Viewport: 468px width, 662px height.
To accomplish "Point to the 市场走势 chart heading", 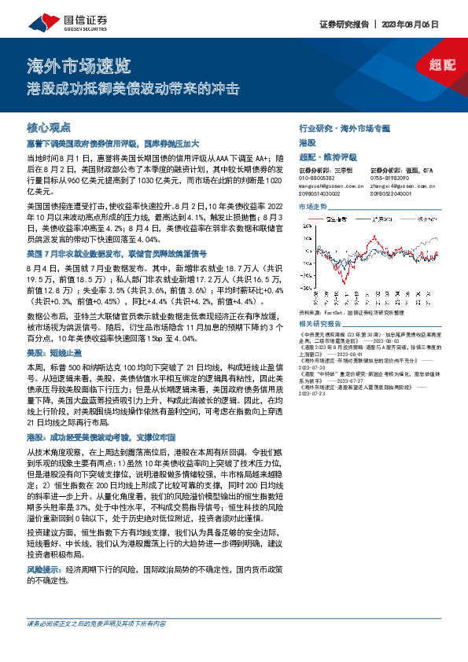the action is pos(313,206).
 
